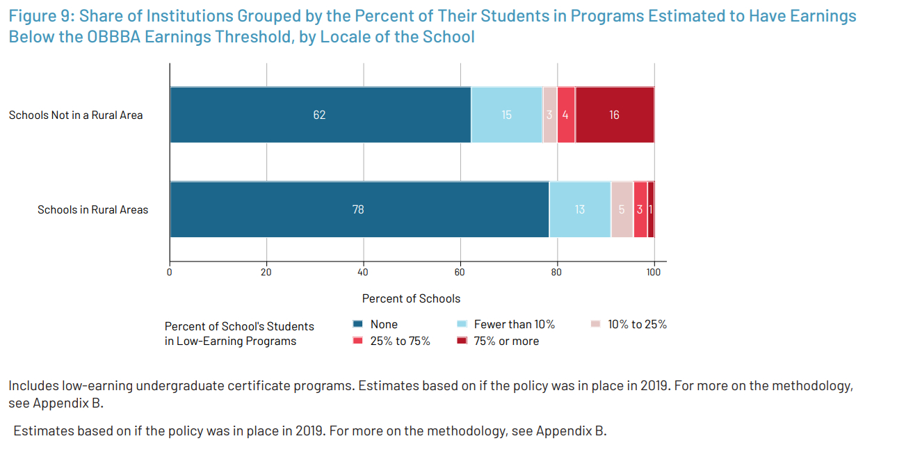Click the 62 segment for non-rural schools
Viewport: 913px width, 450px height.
click(x=320, y=115)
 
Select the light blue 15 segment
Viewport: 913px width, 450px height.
click(x=506, y=115)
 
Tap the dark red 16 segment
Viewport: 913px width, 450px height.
click(x=615, y=115)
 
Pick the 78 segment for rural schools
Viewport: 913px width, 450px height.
click(x=359, y=209)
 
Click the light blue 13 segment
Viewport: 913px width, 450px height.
click(x=580, y=209)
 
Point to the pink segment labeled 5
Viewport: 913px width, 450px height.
click(x=622, y=209)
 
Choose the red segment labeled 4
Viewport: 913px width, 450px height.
click(x=566, y=115)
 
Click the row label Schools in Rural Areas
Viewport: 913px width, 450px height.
click(x=92, y=209)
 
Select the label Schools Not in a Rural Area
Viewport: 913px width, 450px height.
click(x=76, y=115)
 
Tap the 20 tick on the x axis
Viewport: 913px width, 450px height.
click(x=266, y=272)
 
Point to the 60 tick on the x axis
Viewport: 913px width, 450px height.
click(x=460, y=272)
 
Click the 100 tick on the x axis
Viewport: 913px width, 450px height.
click(x=654, y=272)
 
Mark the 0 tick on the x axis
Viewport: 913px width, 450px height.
click(x=170, y=272)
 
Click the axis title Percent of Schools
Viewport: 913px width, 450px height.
click(x=411, y=298)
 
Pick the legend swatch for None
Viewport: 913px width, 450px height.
click(x=358, y=324)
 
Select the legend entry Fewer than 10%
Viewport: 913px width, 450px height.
click(x=514, y=324)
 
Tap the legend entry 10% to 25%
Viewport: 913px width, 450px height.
click(x=637, y=324)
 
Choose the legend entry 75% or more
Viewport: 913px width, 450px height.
click(x=506, y=341)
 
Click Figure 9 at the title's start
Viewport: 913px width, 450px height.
click(x=39, y=16)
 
